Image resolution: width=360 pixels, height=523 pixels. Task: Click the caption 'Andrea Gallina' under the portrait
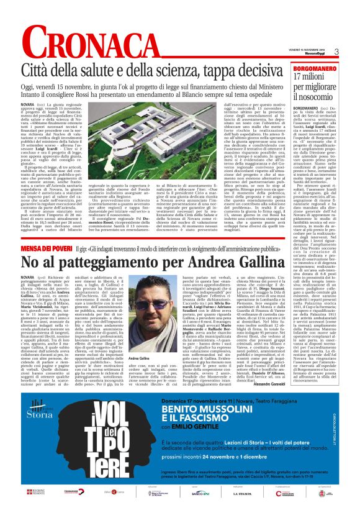[139, 359]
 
